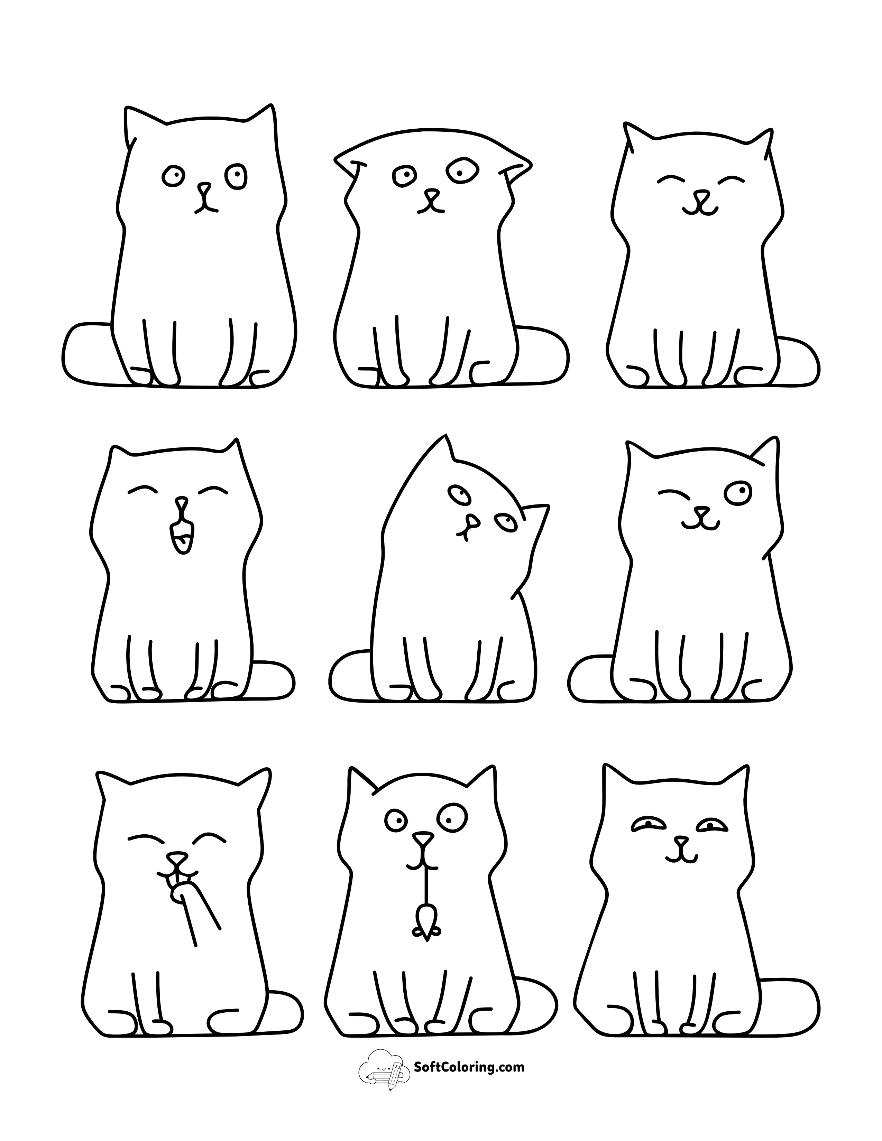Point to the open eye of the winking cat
(737, 492)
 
